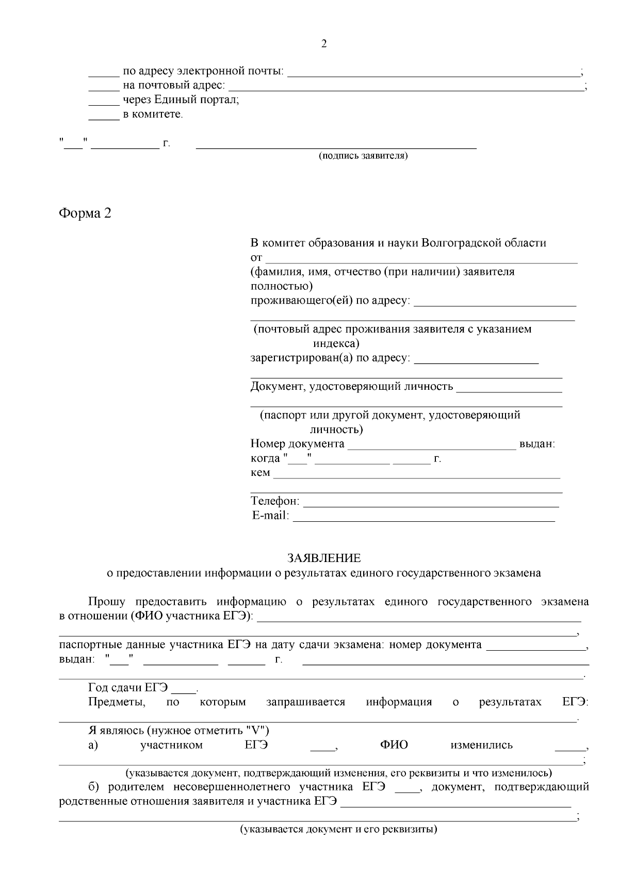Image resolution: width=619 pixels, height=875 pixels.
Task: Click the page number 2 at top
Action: (x=324, y=44)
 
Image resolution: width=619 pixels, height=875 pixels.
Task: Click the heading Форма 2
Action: (x=85, y=213)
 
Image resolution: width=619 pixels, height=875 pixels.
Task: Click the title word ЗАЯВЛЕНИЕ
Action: (x=324, y=558)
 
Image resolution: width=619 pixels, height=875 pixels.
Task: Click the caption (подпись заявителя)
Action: (x=363, y=156)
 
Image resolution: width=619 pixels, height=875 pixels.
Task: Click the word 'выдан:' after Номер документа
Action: (x=537, y=444)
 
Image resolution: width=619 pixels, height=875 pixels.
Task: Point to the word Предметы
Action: (x=117, y=702)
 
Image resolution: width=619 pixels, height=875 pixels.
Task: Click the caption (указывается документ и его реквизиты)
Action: (x=338, y=830)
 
